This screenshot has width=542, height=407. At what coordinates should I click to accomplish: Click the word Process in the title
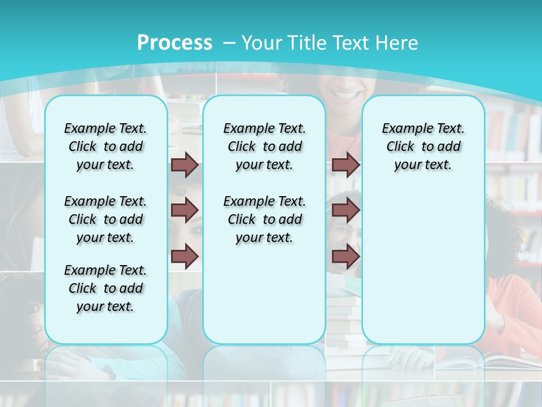tap(174, 43)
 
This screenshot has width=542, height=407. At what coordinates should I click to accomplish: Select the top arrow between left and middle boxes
tap(185, 165)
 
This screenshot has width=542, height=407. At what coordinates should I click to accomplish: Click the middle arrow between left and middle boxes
tap(185, 210)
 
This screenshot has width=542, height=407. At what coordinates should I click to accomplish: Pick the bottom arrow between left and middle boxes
tap(185, 256)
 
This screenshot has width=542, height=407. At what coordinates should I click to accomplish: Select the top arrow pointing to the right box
tap(346, 165)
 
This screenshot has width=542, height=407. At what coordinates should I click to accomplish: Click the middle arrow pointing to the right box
tap(346, 210)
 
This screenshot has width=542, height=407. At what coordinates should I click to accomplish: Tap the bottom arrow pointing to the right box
tap(346, 256)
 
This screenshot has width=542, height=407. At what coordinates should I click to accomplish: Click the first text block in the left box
tap(106, 146)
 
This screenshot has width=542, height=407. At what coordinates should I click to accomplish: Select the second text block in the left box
tap(106, 219)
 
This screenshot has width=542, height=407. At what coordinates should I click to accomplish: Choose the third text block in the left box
tap(106, 288)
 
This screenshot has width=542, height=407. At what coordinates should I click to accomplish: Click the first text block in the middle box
tap(264, 146)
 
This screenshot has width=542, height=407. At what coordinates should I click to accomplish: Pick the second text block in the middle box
tap(264, 219)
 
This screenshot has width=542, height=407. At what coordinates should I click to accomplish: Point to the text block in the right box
tap(423, 146)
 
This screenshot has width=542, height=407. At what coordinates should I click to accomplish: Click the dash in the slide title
tap(229, 43)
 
